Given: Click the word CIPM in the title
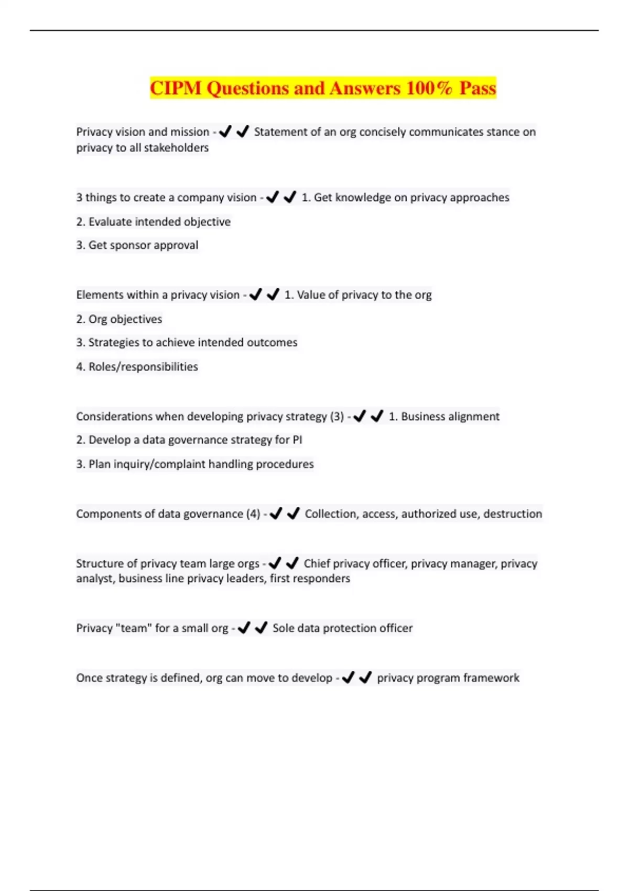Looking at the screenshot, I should [x=176, y=88].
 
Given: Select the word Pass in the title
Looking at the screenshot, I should [x=478, y=88].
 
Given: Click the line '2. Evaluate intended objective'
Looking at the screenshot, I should [x=153, y=222].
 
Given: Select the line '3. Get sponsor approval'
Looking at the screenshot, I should [x=137, y=245].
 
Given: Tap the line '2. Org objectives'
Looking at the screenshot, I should [x=119, y=319].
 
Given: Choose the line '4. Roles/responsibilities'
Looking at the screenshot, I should [x=137, y=367].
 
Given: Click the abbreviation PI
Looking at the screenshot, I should [x=297, y=440].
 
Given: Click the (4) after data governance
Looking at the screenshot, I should [x=253, y=514].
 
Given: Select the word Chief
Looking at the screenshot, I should [x=317, y=564].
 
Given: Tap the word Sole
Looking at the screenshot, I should [x=283, y=628].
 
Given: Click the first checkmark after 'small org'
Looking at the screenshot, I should [x=244, y=628].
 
